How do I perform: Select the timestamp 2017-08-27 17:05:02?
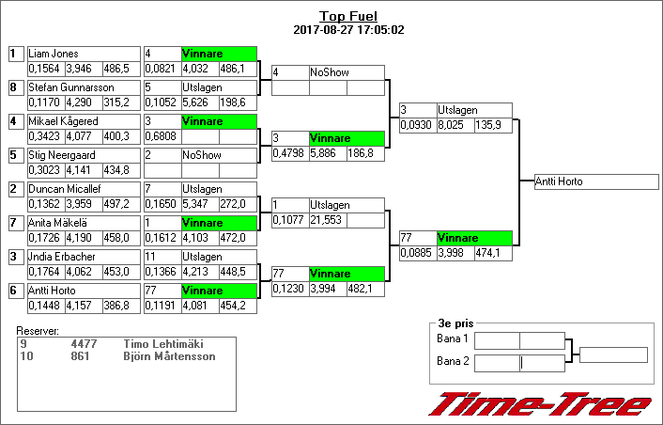click(348, 30)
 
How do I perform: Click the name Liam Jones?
click(54, 55)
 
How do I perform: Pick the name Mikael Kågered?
click(63, 122)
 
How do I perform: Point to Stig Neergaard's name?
click(59, 156)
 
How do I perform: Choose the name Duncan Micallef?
click(65, 190)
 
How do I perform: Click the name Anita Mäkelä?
click(59, 224)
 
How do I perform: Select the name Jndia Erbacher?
click(60, 258)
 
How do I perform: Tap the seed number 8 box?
click(14, 88)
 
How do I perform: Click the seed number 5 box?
click(14, 156)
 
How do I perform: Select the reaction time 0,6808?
click(160, 135)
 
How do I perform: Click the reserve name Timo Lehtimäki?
click(163, 345)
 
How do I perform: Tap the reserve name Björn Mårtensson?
click(169, 356)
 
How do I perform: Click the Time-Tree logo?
click(539, 404)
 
